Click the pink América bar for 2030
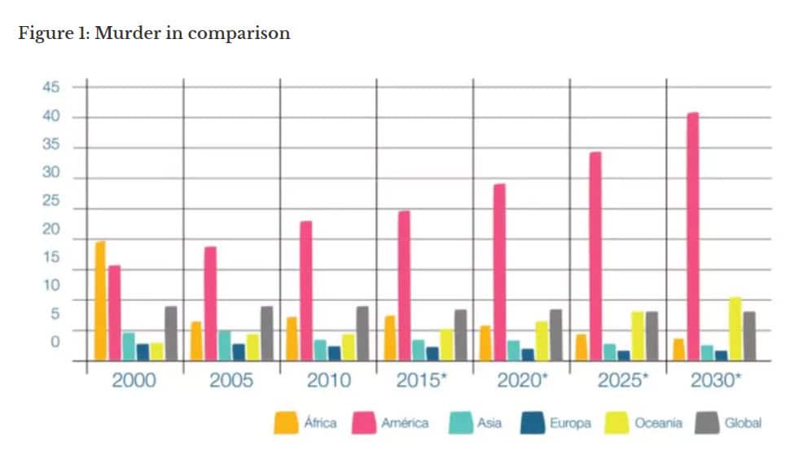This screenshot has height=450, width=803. (692, 236)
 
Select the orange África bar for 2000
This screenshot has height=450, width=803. (100, 300)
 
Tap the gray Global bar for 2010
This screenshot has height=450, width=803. (362, 334)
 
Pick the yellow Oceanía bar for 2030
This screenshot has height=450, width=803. (735, 329)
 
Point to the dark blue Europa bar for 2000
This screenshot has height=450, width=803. (143, 352)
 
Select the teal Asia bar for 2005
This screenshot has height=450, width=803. (224, 345)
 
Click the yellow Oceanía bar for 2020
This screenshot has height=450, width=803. (542, 341)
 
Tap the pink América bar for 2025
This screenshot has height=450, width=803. (595, 256)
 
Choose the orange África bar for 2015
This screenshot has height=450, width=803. (389, 338)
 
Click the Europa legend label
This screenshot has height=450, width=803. (570, 423)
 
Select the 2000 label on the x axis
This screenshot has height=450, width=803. (134, 380)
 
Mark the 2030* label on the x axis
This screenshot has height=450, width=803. (715, 380)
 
